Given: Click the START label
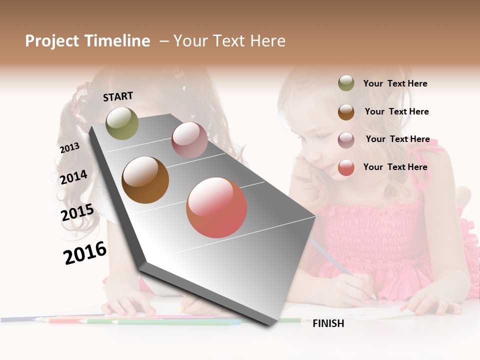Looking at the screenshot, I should point(118,96).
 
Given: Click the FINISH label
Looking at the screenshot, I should point(328,323).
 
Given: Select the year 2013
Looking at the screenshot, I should point(69,148).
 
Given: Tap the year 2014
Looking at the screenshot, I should point(73,177).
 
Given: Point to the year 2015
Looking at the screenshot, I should point(77,212).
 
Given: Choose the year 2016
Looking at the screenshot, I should point(85,252).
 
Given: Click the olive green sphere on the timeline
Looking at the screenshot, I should point(122,123).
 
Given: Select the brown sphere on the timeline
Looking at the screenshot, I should point(145,180).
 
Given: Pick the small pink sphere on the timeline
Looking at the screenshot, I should point(189,140).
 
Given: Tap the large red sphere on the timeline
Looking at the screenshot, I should point(216,207).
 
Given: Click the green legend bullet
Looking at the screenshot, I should point(346,83).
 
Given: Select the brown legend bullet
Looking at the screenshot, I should point(346,112).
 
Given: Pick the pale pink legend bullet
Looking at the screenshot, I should point(346,140).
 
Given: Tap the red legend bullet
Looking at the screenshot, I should point(346,167).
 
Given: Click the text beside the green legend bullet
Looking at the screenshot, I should point(395,83).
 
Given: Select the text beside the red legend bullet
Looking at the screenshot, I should point(395,167).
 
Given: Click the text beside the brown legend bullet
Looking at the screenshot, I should point(396,111).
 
